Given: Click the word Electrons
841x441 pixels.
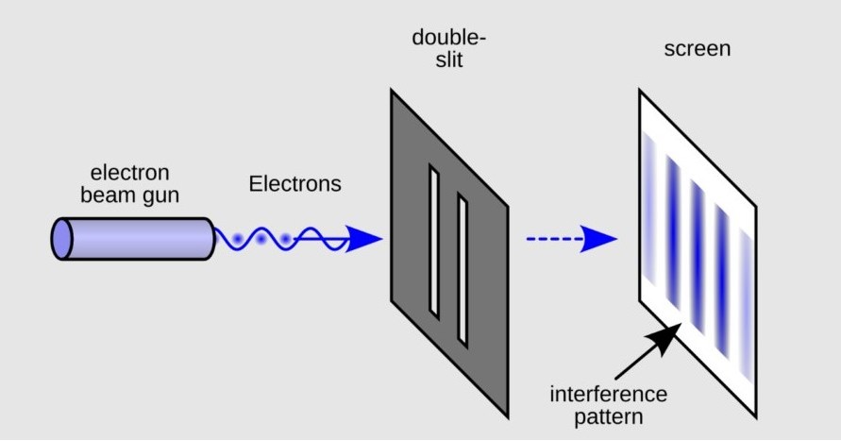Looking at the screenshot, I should [x=294, y=184].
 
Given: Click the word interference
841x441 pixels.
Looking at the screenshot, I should [x=609, y=393].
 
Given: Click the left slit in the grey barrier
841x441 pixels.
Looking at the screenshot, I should [x=434, y=241].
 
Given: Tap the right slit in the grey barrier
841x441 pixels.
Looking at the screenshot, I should [x=463, y=269].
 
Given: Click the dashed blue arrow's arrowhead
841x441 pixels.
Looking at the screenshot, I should [x=598, y=239].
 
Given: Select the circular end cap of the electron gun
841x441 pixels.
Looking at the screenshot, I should [x=62, y=239].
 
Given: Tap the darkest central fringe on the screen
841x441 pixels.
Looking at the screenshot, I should [x=698, y=246].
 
